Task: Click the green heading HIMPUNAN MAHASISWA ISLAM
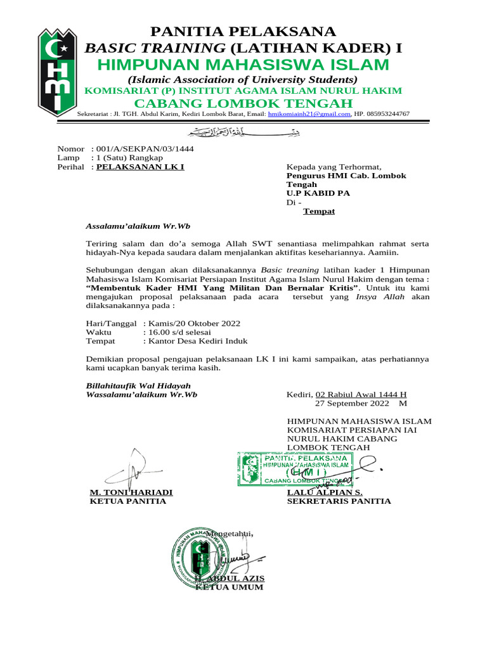tap(243, 65)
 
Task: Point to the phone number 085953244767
tap(389, 114)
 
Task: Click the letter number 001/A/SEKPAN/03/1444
tap(145, 149)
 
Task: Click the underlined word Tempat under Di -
tap(318, 211)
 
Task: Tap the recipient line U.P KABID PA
tap(318, 193)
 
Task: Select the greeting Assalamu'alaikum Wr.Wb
tap(138, 226)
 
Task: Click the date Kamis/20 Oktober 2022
tap(192, 323)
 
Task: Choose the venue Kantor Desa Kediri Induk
tap(196, 341)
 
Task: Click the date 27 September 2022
tap(354, 403)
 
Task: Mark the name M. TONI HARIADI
tap(131, 492)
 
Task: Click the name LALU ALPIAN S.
tap(325, 492)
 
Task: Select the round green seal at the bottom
tap(200, 557)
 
